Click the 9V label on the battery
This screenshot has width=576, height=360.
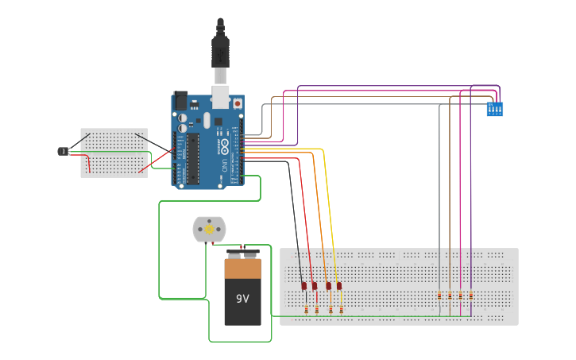pyautogui.click(x=242, y=299)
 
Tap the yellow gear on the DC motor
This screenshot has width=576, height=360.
pyautogui.click(x=209, y=230)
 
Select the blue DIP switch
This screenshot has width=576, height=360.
pyautogui.click(x=494, y=109)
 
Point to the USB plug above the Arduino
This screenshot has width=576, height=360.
pyautogui.click(x=220, y=52)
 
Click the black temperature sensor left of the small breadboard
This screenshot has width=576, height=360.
pyautogui.click(x=63, y=151)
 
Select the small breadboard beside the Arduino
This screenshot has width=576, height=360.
pyautogui.click(x=114, y=153)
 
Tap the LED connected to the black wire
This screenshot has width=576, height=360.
pyautogui.click(x=304, y=286)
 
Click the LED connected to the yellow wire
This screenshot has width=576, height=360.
pyautogui.click(x=338, y=285)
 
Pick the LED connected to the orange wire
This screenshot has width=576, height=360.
pyautogui.click(x=328, y=285)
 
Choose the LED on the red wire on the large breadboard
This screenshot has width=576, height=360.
pyautogui.click(x=315, y=286)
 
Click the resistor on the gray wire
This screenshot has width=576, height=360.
pyautogui.click(x=440, y=296)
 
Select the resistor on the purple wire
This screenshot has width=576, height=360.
pyautogui.click(x=471, y=296)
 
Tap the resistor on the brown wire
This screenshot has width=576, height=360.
pyautogui.click(x=450, y=296)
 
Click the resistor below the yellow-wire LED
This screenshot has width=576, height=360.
pyautogui.click(x=341, y=309)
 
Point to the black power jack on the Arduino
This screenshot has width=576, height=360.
pyautogui.click(x=180, y=101)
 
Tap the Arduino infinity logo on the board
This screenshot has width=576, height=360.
pyautogui.click(x=225, y=145)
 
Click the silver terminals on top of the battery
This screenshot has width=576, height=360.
pyautogui.click(x=242, y=255)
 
